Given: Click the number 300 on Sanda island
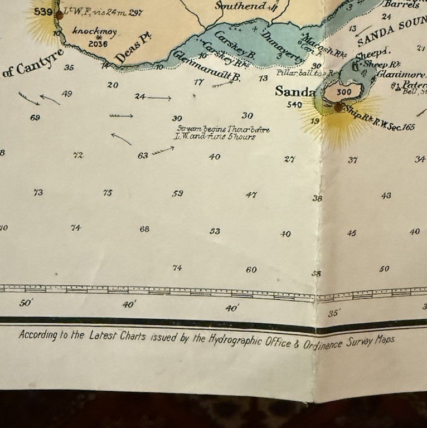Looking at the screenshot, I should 344,92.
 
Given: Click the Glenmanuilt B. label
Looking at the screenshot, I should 207,66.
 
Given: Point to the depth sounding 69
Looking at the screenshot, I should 36,118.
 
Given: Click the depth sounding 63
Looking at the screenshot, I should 143,155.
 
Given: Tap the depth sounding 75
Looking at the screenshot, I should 108,193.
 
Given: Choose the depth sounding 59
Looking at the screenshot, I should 178,193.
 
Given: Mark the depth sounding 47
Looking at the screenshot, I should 251,195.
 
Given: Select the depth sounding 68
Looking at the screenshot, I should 144,229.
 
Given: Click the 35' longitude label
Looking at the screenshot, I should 334,313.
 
